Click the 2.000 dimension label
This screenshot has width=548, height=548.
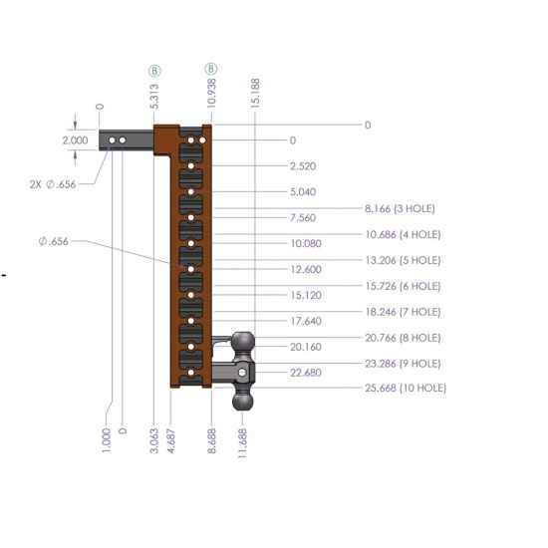[x=75, y=140]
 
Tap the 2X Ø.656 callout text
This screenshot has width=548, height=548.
[x=53, y=184]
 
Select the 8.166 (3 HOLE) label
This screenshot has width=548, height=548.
[x=400, y=208]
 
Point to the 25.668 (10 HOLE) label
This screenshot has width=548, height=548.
[x=406, y=388]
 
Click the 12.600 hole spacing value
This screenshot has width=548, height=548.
[x=306, y=269]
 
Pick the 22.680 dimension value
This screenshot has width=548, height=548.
[x=306, y=373]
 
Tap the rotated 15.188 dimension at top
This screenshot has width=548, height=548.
[x=255, y=93]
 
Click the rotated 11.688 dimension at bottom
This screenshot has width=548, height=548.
[x=242, y=443]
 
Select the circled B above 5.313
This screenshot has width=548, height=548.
[x=154, y=71]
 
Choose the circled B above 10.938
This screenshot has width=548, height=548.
[x=211, y=69]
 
